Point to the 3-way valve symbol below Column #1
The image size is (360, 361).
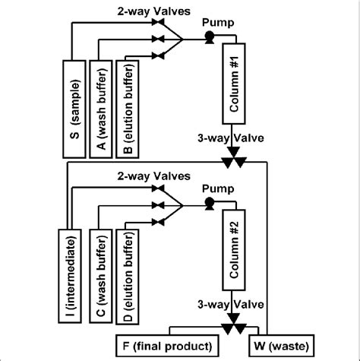pyautogui.click(x=233, y=161)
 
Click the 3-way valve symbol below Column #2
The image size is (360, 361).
pyautogui.click(x=233, y=327)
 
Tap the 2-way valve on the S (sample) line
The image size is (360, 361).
pyautogui.click(x=158, y=25)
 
